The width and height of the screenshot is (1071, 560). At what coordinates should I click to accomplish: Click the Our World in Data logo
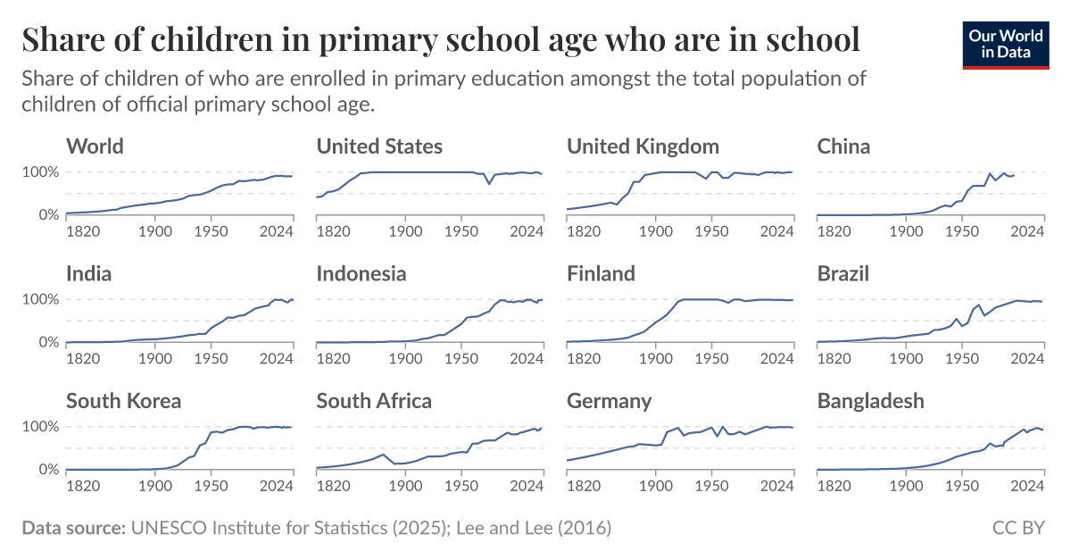coord(1005,42)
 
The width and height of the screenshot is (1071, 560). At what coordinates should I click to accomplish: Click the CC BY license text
coord(1018,528)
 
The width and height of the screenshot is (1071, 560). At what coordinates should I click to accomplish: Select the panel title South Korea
coord(123,401)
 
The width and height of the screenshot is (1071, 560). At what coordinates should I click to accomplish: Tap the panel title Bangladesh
coord(870,401)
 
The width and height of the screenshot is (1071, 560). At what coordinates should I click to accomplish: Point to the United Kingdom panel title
coord(643,146)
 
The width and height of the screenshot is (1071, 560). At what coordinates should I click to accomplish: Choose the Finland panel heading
coord(601,273)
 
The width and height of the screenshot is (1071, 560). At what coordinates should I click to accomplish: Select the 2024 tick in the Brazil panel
coord(1028,358)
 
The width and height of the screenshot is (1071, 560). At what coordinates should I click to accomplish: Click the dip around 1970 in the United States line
coord(489,183)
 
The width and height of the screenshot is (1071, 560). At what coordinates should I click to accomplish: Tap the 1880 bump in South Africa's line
coord(384,455)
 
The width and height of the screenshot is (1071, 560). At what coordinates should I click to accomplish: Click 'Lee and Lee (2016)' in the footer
coord(534,528)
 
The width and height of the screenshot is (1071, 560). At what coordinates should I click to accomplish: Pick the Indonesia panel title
coord(361,273)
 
